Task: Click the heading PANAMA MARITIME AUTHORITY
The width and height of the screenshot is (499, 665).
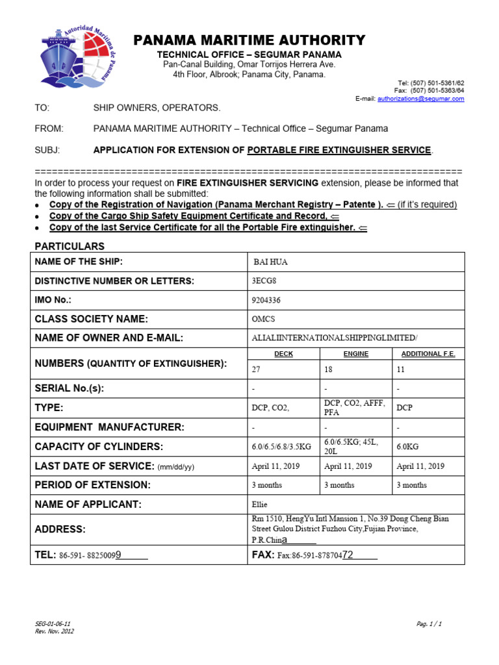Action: pyautogui.click(x=249, y=41)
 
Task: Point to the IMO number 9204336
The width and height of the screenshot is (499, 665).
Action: pyautogui.click(x=266, y=300)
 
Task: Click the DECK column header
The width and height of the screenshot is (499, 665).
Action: pyautogui.click(x=283, y=353)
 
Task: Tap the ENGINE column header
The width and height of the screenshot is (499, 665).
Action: pyautogui.click(x=355, y=353)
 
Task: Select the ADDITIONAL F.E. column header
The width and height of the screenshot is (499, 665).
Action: pyautogui.click(x=428, y=353)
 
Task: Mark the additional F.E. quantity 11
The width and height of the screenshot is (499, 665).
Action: pyautogui.click(x=401, y=369)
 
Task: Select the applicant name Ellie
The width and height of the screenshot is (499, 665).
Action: pyautogui.click(x=259, y=504)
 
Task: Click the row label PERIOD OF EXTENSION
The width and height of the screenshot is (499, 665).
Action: pyautogui.click(x=92, y=485)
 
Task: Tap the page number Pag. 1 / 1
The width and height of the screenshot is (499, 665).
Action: pyautogui.click(x=429, y=623)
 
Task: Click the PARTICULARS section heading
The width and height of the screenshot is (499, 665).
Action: pyautogui.click(x=69, y=246)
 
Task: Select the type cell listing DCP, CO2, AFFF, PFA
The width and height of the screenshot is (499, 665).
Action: pyautogui.click(x=354, y=407)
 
